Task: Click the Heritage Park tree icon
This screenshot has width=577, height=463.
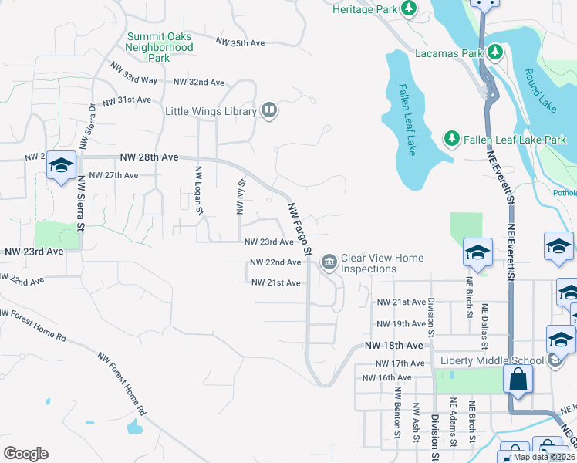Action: tap(408, 9)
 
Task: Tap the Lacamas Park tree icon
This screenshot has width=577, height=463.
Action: tap(494, 53)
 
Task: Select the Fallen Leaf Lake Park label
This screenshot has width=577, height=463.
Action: tap(515, 140)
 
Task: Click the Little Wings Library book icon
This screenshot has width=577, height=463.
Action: tap(268, 111)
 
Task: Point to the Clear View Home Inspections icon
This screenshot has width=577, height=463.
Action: tap(329, 263)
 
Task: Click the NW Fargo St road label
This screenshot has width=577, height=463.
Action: tap(299, 230)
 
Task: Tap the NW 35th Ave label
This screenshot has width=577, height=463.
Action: tap(241, 43)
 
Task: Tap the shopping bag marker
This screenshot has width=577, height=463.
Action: tap(518, 380)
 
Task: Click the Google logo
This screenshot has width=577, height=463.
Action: tap(25, 454)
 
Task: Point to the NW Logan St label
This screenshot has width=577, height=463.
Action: tap(199, 190)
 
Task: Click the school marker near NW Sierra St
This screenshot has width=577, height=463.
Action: tap(61, 165)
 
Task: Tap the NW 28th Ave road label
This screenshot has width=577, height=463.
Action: tap(149, 157)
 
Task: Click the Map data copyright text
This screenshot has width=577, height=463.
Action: tap(543, 457)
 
